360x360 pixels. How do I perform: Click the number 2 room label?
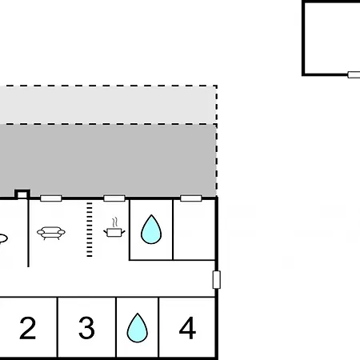28,328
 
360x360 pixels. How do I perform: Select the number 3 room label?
86,328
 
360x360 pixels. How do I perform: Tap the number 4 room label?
187,328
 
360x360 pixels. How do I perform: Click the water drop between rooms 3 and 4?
138,328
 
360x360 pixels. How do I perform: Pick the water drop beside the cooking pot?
151,230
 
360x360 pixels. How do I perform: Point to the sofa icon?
51,233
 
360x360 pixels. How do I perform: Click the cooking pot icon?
114,232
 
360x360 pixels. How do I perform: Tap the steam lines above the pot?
115,222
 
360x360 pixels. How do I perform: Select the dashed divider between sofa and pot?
90,230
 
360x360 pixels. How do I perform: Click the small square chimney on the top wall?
22,194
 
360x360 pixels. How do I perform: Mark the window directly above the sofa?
51,198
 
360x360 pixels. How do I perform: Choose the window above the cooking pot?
114,198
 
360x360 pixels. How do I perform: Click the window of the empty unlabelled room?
191,198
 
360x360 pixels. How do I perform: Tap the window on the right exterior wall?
217,280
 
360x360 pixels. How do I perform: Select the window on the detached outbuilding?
354,74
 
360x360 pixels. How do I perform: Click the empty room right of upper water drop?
194,230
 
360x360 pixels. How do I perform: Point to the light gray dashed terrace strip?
108,105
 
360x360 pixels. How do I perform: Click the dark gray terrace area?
108,161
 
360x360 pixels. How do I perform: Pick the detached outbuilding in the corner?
331,38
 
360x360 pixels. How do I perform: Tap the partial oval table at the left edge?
3,238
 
